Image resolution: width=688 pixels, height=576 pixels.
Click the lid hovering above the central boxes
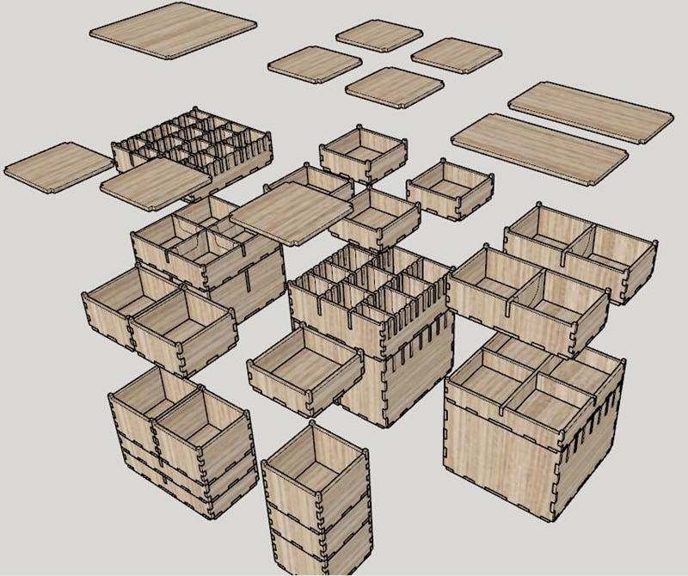click(292, 211)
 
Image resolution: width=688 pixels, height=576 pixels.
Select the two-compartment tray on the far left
click(159, 318)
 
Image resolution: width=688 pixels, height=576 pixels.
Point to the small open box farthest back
click(364, 155)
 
